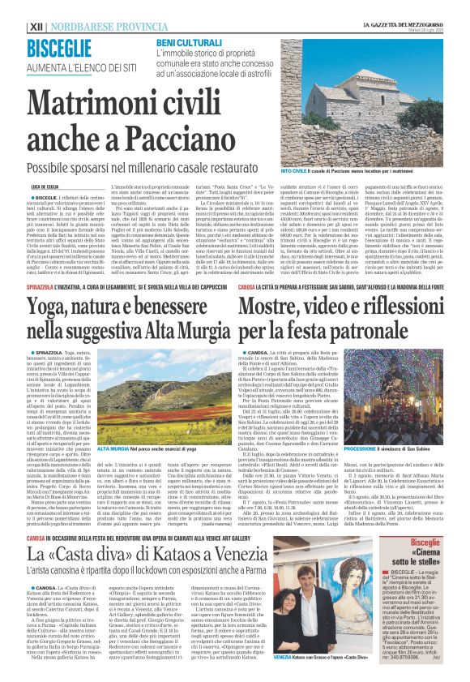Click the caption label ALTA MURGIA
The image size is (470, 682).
pyautogui.click(x=113, y=448)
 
